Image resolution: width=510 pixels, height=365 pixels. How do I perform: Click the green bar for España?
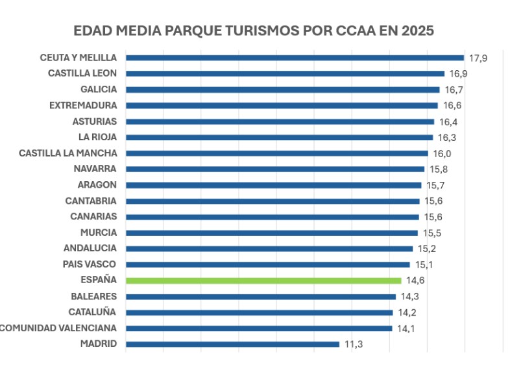[x=263, y=281]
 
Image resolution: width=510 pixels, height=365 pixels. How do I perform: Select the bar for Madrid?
[x=232, y=344]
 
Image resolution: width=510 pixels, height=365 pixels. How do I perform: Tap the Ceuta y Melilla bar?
[x=295, y=58]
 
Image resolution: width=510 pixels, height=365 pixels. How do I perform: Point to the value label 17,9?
[x=478, y=58]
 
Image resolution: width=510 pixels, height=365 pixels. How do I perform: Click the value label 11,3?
[x=354, y=344]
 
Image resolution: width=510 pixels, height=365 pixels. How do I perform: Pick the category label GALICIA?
[x=99, y=89]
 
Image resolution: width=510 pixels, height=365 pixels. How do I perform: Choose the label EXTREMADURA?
[x=83, y=105]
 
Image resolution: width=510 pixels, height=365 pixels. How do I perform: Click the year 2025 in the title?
[x=418, y=31]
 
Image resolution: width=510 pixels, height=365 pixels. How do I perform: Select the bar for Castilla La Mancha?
[x=277, y=153]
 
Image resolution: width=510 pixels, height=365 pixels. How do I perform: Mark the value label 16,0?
[x=442, y=154]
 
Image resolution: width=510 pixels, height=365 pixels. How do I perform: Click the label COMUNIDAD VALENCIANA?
[x=58, y=328]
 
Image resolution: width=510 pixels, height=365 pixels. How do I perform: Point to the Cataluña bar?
[x=260, y=312]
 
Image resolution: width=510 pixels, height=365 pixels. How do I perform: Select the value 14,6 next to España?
[x=415, y=281]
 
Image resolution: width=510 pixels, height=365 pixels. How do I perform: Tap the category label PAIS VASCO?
[x=90, y=264]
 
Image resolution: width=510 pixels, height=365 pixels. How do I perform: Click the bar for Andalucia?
[x=269, y=249]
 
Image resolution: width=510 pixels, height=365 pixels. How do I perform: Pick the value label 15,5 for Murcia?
[x=432, y=233]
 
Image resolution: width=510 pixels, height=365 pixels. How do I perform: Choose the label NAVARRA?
[x=95, y=169]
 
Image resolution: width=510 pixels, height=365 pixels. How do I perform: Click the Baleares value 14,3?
[x=410, y=297]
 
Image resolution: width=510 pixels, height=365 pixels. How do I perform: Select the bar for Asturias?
[x=280, y=122]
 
